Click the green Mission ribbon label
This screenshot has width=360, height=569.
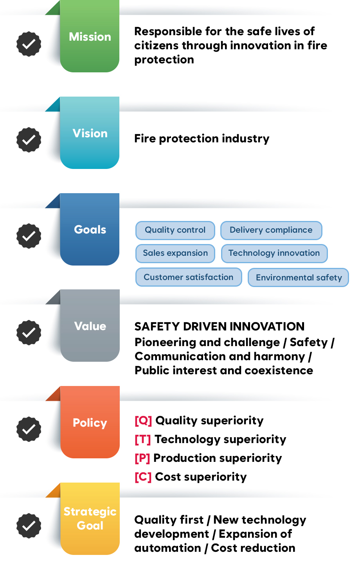90,36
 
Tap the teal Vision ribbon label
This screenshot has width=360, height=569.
90,133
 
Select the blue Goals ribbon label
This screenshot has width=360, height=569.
90,229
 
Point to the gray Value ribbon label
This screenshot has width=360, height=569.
90,326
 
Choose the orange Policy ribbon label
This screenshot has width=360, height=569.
90,422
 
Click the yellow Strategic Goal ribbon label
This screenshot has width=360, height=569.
90,519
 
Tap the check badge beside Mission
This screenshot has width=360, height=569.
29,44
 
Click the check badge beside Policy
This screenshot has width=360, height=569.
29,429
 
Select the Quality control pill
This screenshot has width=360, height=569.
175,230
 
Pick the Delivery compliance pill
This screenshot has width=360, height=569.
271,230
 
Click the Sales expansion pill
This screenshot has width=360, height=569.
175,253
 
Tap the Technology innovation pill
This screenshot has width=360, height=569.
274,253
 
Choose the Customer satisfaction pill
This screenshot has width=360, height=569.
189,277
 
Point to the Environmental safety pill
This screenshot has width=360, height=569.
298,277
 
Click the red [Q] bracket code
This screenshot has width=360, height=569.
143,421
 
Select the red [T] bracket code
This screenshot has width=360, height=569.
143,440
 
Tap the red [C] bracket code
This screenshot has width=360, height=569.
143,477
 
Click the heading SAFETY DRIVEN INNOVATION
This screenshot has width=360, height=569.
220,327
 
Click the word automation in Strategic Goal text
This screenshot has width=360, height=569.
168,548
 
